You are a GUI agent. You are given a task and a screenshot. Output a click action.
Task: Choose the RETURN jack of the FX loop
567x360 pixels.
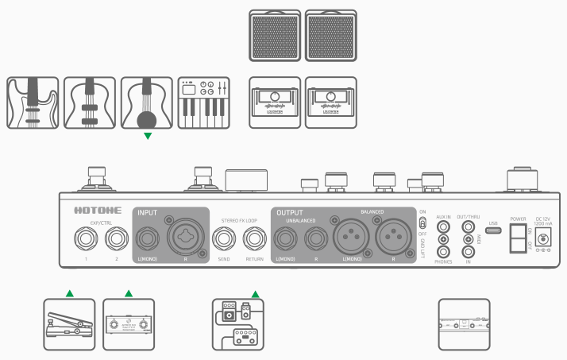(254, 237)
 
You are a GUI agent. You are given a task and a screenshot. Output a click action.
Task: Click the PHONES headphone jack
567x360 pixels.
(444, 251)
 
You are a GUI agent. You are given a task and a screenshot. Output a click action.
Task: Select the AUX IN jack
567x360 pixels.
(444, 226)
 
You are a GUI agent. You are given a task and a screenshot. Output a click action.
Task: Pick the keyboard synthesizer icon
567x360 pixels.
(204, 103)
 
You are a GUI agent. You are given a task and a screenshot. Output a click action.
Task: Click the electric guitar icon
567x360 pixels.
(33, 103)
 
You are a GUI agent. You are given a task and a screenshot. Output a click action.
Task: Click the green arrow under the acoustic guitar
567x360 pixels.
(146, 136)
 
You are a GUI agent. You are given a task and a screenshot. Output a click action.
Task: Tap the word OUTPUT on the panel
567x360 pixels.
(287, 213)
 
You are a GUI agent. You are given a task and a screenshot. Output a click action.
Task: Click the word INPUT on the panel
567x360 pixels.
(148, 213)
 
